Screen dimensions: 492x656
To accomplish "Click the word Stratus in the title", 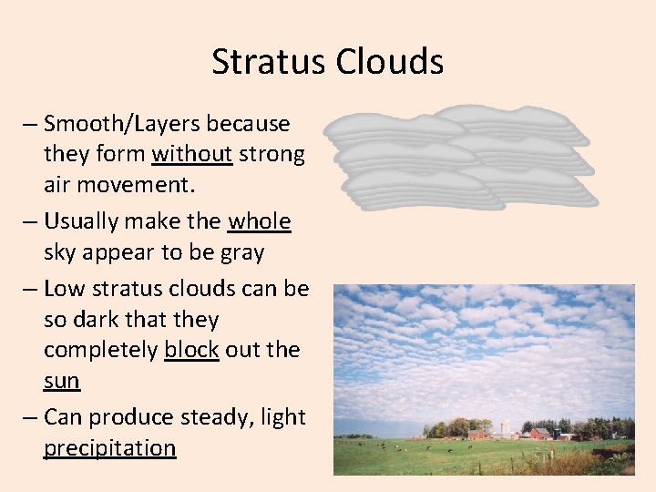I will tap(269, 62).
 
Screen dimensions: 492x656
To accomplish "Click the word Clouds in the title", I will tap(389, 62).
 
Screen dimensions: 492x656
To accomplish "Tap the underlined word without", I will tap(191, 155).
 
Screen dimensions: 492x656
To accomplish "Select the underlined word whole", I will tap(259, 221).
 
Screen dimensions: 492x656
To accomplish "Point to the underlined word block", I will tap(191, 351).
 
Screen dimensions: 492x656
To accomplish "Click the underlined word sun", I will tap(62, 382).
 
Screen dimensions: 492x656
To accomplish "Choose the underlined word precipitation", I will tap(109, 448).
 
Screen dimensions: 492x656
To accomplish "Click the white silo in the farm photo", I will tap(505, 428).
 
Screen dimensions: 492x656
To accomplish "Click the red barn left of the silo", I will tap(478, 434).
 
